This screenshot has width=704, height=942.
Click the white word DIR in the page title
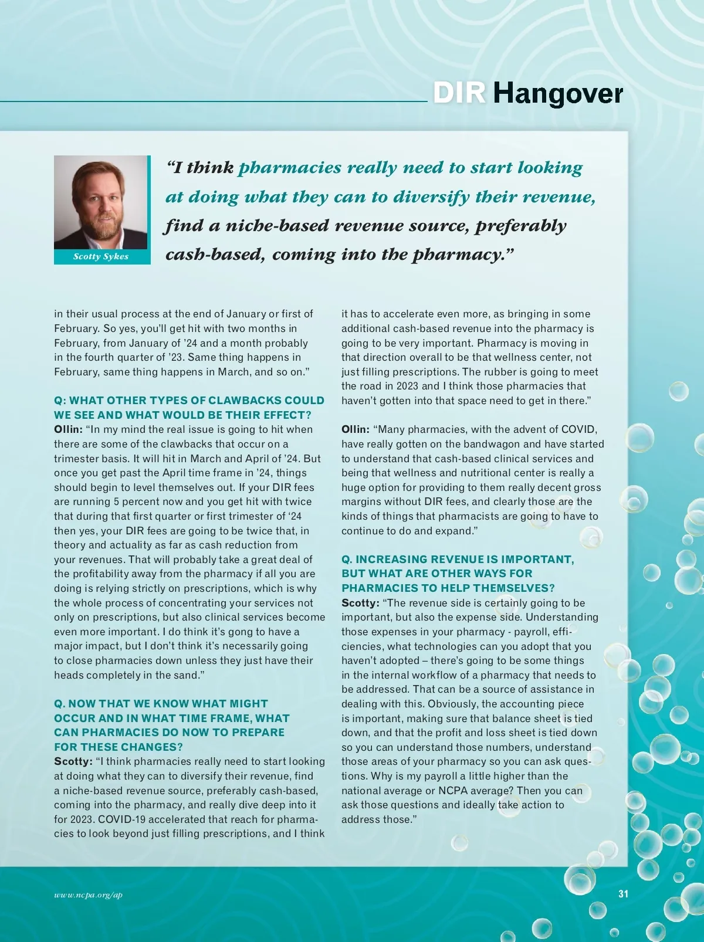coord(459,93)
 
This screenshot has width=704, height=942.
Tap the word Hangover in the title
coord(557,94)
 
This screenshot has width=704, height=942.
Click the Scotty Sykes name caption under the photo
coord(101,256)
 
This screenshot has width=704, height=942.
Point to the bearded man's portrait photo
coord(101,202)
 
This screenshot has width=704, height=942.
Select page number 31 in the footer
coord(623,894)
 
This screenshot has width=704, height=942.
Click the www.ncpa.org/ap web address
coord(88,894)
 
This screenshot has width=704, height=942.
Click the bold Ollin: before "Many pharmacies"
coord(356,430)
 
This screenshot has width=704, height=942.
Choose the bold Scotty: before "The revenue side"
coord(361,603)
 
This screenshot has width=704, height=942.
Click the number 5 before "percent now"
coord(116,502)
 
